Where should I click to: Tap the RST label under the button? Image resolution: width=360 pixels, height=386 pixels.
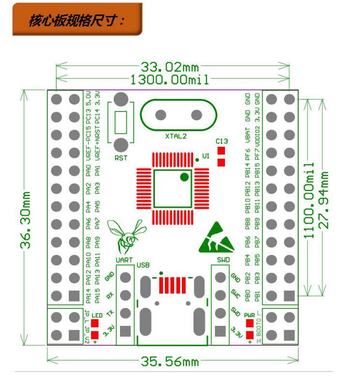coord(121,158)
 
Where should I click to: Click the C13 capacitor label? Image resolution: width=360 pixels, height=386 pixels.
coord(222,141)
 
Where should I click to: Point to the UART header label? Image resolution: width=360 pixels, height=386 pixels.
coord(124,261)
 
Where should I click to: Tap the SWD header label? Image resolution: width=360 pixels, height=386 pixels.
coord(223,261)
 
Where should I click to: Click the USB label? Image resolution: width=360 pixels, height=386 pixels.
coord(143,265)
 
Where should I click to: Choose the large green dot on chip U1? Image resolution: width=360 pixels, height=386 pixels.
coord(184,177)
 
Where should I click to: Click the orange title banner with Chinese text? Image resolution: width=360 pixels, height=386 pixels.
coord(77,20)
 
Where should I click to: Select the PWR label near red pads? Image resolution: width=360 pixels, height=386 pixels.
coord(250,315)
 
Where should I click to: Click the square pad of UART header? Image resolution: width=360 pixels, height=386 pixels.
coord(125,331)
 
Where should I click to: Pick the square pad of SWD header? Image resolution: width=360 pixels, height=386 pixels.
coord(221,331)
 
